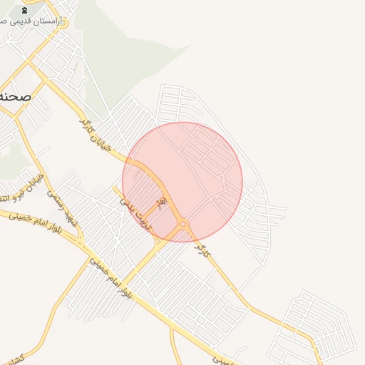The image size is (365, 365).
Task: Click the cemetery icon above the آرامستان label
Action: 25,10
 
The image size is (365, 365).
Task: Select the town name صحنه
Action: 16,96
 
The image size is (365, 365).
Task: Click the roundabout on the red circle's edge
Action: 184,225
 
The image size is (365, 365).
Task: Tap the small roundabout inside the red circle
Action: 222,178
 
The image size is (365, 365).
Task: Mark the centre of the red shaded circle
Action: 182,182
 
